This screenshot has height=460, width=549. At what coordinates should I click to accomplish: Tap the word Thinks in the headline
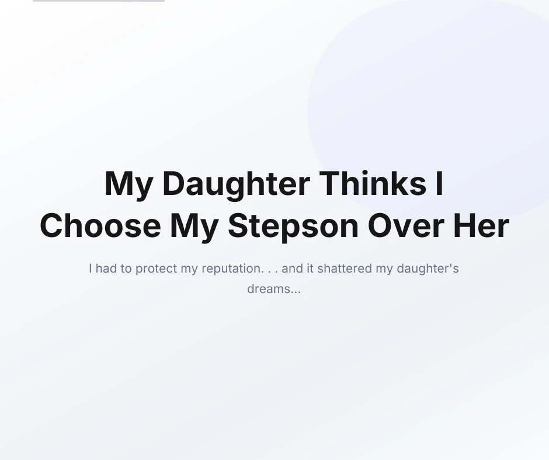[x=373, y=183]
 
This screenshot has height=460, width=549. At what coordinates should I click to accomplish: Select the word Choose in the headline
[x=100, y=226]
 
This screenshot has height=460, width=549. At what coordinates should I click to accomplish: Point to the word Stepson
[x=293, y=228]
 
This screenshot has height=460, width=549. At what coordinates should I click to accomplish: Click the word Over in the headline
[x=406, y=226]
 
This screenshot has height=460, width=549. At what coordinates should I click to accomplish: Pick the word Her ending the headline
[x=481, y=226]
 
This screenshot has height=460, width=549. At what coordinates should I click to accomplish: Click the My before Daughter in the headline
[x=129, y=186]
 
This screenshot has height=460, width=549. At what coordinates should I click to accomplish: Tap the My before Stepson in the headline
[x=194, y=228]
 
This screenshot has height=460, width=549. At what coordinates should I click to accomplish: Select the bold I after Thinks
[x=439, y=183]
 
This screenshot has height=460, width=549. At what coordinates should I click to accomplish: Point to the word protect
[x=156, y=269]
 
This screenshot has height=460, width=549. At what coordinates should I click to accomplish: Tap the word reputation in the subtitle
[x=232, y=269]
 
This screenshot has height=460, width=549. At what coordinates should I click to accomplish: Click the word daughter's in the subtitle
[x=428, y=269]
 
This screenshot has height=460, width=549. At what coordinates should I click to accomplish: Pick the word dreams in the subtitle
[x=269, y=289]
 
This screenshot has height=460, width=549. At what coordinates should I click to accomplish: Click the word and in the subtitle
[x=292, y=269]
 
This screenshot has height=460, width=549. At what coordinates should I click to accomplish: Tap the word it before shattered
[x=310, y=269]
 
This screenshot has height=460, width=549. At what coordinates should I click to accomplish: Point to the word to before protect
[x=126, y=269]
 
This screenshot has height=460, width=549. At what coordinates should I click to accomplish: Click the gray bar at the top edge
[x=99, y=1]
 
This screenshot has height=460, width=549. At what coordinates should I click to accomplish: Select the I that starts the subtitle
[x=91, y=269]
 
